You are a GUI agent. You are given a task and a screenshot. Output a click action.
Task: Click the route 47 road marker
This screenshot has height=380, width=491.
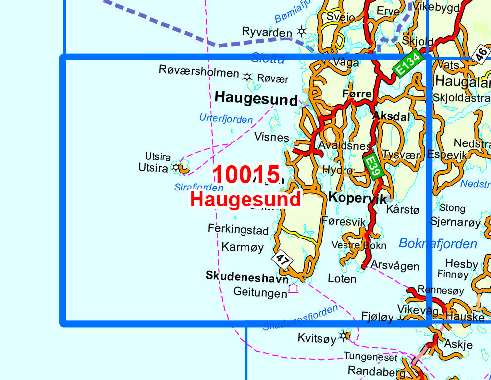tap(282, 260)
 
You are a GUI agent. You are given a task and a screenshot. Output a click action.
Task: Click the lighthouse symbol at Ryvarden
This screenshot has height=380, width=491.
tap(301, 32)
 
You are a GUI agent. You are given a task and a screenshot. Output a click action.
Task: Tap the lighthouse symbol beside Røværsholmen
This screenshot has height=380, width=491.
tap(247, 76)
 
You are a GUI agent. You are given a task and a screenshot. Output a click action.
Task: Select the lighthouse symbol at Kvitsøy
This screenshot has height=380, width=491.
tap(344, 337)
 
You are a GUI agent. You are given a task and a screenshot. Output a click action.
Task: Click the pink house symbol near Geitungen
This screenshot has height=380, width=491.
tap(294, 287)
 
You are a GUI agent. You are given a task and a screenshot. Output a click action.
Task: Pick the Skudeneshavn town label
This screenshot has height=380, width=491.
tap(247, 277)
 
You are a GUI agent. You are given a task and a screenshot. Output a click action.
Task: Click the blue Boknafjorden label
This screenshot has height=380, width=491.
tap(438, 243)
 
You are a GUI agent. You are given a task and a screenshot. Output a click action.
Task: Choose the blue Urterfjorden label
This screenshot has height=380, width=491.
tap(226, 119)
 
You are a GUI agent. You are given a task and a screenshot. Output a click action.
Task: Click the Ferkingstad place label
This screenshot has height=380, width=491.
tap(238, 230)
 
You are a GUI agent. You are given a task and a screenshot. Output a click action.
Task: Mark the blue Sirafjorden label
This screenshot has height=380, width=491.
tap(198, 188)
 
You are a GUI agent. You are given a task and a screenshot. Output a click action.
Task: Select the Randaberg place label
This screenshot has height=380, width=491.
tap(373, 370)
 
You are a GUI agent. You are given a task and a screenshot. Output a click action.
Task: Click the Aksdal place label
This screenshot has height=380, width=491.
tap(391, 117)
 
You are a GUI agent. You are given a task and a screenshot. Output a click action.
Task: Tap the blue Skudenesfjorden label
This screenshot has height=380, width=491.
tap(300, 318)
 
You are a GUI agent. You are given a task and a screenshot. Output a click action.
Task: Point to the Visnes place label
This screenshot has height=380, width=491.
tap(271, 137)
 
